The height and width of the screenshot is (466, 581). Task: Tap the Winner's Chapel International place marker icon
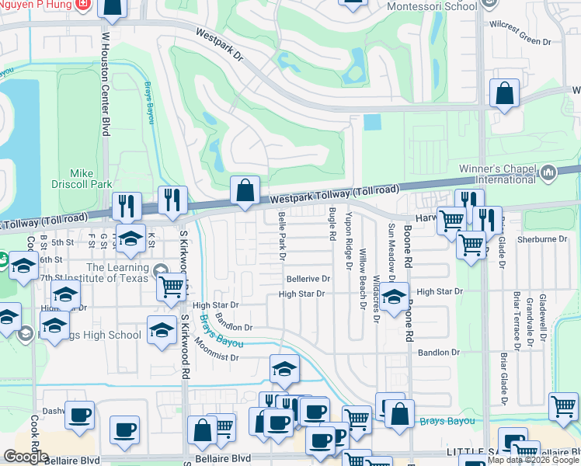coord(549,172)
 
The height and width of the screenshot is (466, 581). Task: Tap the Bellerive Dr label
coord(308,277)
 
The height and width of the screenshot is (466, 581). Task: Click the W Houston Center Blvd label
coord(105,84)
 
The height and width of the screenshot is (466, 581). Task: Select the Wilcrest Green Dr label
coord(520,23)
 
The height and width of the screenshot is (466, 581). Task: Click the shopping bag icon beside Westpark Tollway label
coord(245,190)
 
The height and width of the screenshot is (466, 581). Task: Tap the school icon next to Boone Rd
coord(395,296)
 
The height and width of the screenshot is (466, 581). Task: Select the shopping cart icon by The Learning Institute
coord(171,287)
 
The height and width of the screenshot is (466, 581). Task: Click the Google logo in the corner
coord(26,457)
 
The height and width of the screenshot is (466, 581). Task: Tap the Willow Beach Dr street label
coord(362,278)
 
